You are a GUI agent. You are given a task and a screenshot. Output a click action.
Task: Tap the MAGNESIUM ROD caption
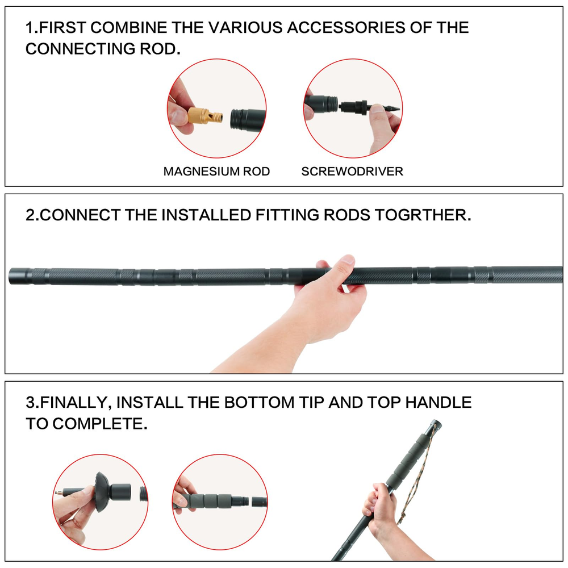pos(216,172)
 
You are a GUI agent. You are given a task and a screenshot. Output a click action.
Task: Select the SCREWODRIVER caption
pos(352,172)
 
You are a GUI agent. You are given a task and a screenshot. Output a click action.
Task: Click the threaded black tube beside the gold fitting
pos(248,118)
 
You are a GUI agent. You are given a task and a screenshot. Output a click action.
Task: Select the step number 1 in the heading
pos(30,27)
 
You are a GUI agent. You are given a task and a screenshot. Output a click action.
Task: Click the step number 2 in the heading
pos(31,215)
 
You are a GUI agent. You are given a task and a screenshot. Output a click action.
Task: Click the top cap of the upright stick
pos(435,424)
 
